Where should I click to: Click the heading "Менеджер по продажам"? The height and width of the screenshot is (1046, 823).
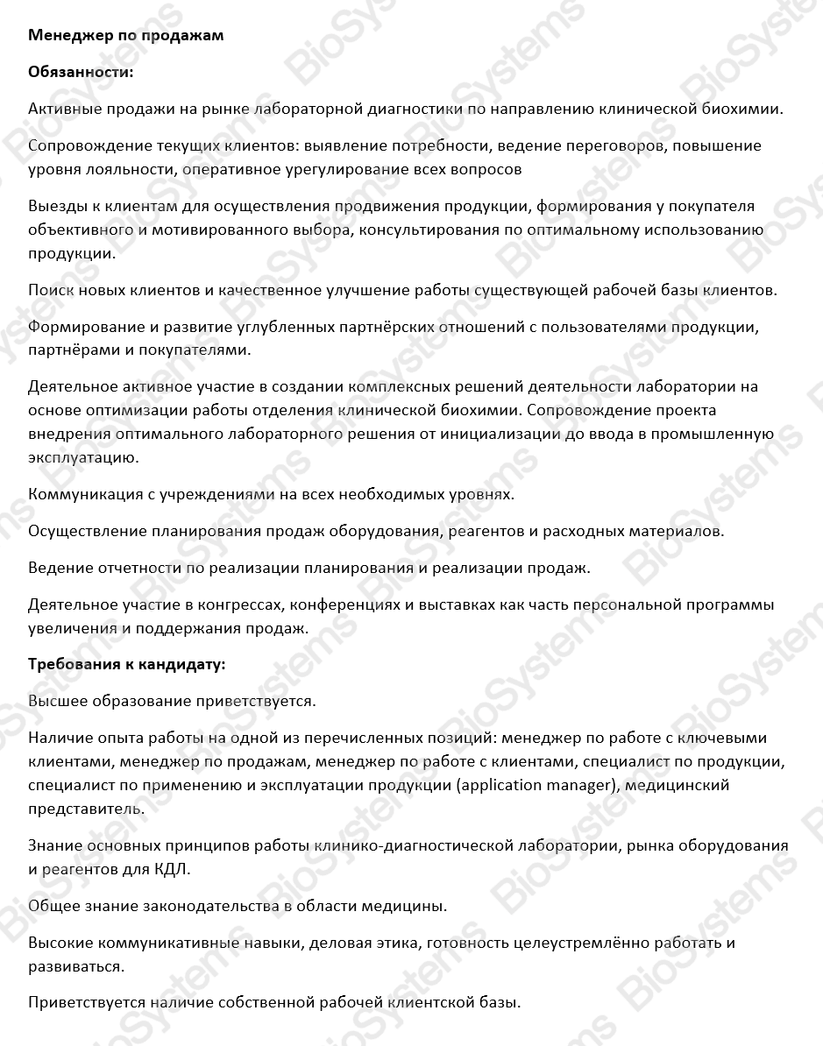[126, 35]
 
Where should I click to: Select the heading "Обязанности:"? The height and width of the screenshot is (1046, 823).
[82, 72]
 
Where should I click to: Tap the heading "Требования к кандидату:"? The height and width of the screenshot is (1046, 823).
[127, 664]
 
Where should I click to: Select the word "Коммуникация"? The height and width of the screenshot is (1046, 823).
[84, 494]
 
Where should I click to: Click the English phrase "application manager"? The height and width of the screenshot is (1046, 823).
[536, 785]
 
